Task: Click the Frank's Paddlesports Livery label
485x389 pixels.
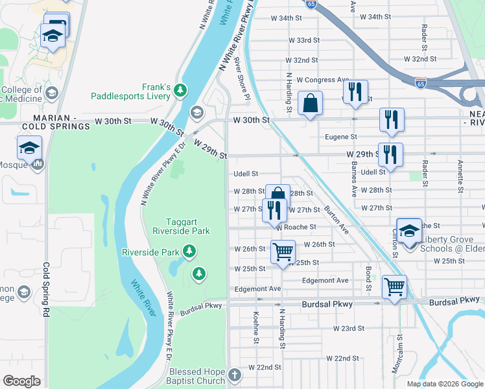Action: [147, 91]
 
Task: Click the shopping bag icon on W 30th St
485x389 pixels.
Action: [311, 104]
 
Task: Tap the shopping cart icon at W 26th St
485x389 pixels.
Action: [283, 251]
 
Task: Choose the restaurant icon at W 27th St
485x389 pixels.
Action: [274, 210]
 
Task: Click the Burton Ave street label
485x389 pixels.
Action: [337, 220]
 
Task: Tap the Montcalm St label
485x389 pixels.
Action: [396, 354]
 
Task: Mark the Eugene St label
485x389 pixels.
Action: [344, 137]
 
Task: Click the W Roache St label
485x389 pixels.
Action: [296, 228]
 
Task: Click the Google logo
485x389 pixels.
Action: [21, 381]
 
